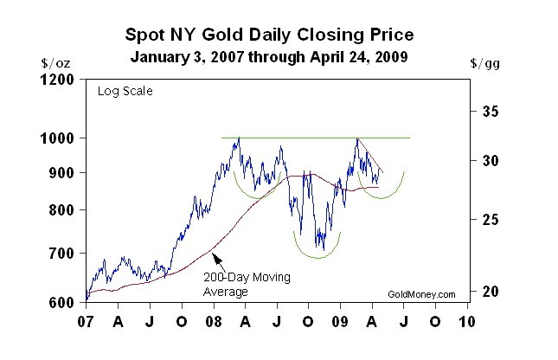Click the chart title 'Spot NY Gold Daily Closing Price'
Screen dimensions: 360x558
point(270,35)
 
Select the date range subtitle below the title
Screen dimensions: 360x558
point(270,58)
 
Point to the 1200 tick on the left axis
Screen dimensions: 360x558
point(61,80)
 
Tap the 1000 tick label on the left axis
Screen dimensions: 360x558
point(61,138)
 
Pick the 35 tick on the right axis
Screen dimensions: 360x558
point(491,112)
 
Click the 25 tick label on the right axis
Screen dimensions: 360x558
point(491,220)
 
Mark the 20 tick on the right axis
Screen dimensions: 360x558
point(491,292)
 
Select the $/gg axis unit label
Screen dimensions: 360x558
point(484,63)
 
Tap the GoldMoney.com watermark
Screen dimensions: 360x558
point(422,295)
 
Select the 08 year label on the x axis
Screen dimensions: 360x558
point(213,321)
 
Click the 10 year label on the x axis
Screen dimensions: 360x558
point(467,321)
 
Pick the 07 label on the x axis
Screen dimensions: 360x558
point(86,321)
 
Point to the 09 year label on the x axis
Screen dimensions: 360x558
point(340,321)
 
